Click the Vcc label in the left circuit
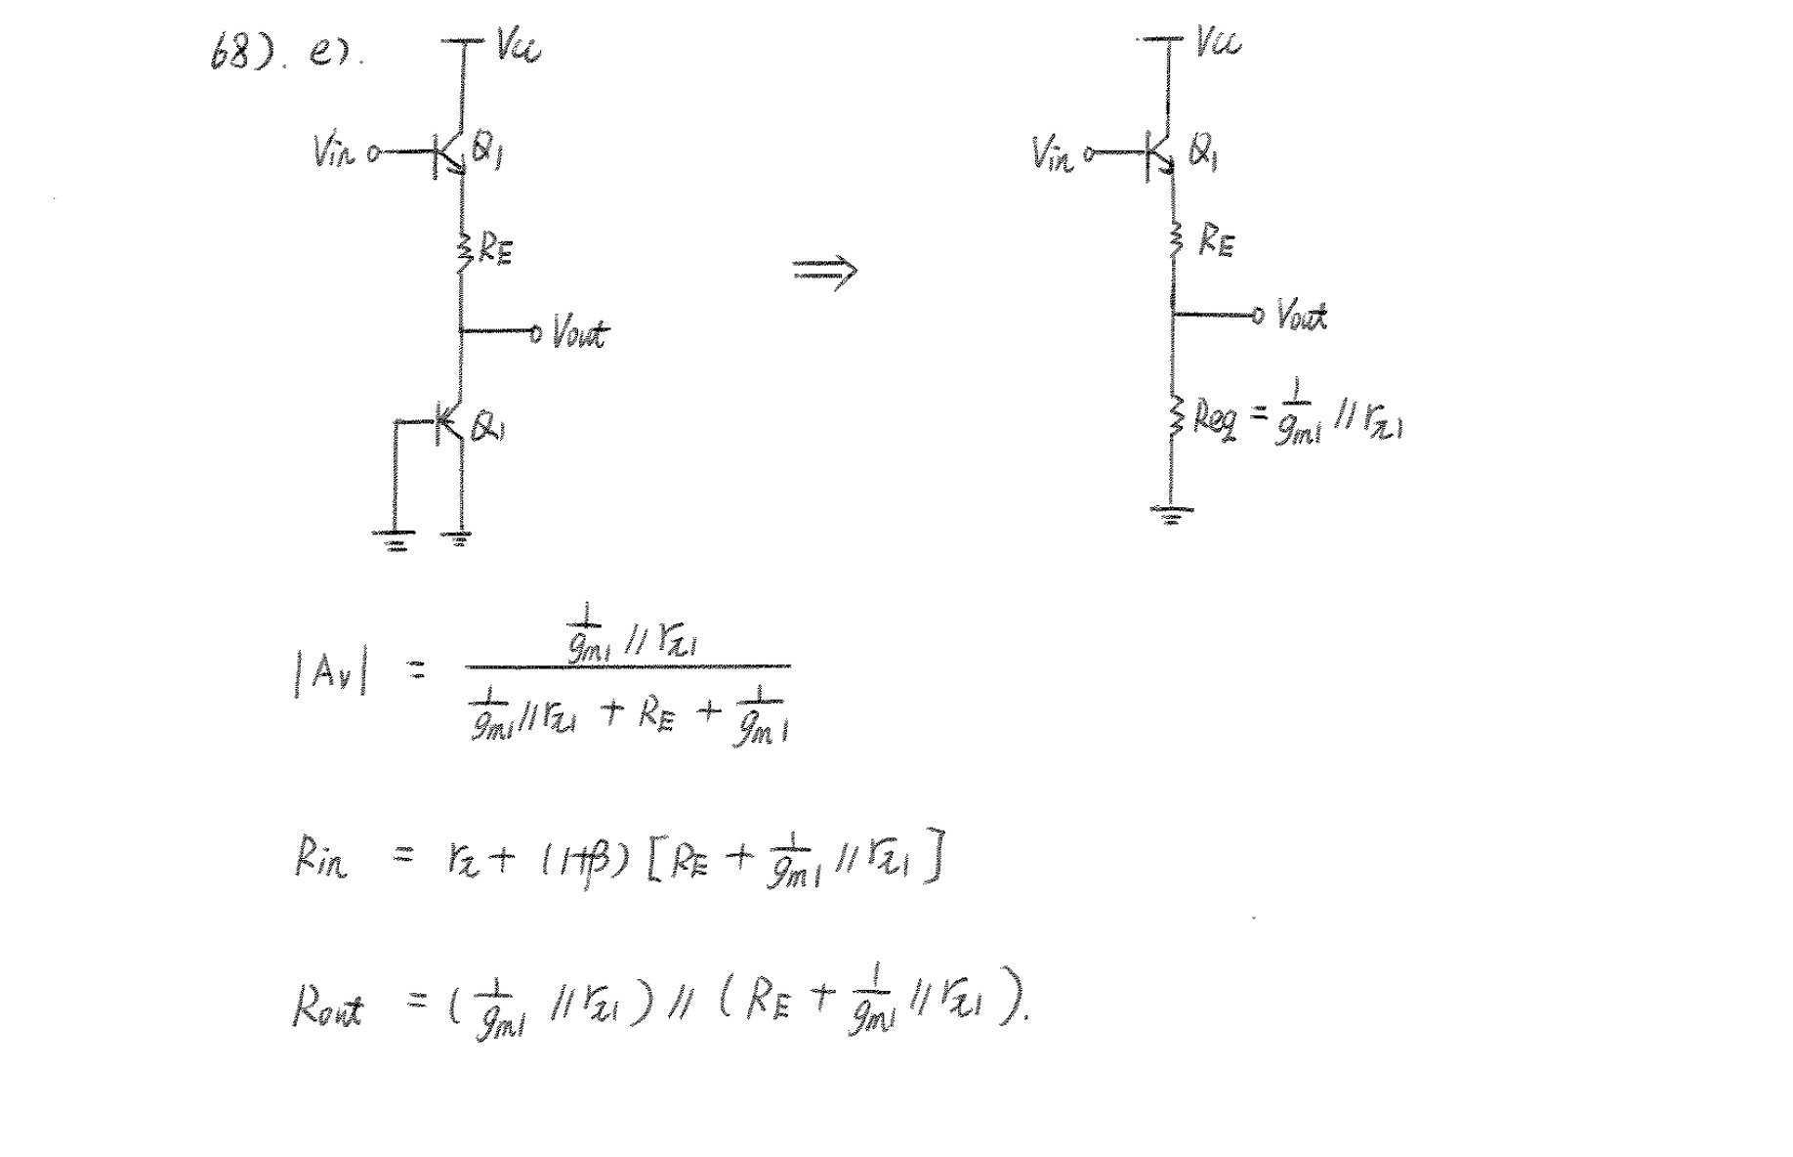click(x=518, y=45)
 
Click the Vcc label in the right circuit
click(x=1218, y=43)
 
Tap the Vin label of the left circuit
click(x=333, y=152)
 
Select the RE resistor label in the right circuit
click(x=1216, y=239)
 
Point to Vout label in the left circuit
click(x=580, y=333)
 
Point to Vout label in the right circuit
click(x=1302, y=317)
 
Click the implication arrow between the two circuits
click(x=824, y=271)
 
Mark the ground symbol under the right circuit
click(x=1171, y=513)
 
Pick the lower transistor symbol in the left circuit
click(x=449, y=422)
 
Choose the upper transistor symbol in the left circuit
click(x=451, y=153)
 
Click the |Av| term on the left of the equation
click(x=330, y=673)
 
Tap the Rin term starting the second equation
click(x=320, y=859)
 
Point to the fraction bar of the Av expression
click(x=627, y=667)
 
